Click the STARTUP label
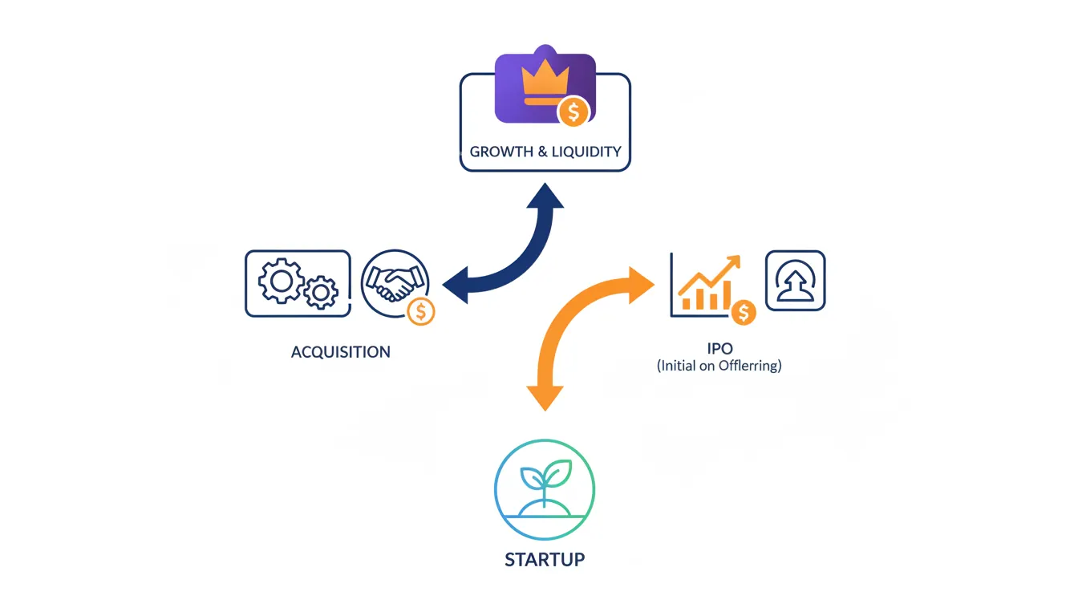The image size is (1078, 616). click(x=545, y=559)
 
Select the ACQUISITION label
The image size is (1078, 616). click(x=341, y=352)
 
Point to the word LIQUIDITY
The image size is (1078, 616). click(x=586, y=152)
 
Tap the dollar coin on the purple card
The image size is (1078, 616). click(x=573, y=112)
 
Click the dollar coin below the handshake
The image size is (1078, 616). click(x=420, y=310)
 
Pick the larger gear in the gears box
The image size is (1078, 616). click(x=280, y=281)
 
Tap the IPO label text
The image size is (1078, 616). click(x=719, y=350)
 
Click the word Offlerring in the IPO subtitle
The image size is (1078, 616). click(x=749, y=366)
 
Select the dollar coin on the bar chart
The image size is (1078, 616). click(x=744, y=311)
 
